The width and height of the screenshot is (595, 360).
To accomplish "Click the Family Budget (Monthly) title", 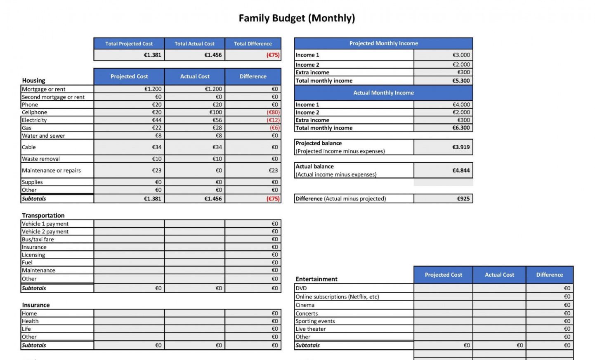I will pos(297,18).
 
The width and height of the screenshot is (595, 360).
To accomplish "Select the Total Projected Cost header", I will pos(129,44).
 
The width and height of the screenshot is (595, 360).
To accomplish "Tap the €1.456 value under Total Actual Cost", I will pos(213,55).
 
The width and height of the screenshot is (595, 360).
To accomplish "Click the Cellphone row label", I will pos(35,112).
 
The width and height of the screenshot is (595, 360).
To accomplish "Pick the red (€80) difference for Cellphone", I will pos(273,112).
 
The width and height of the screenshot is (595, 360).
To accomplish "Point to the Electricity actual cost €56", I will pos(217,120).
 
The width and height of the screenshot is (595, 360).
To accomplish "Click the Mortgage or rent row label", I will pos(44,89).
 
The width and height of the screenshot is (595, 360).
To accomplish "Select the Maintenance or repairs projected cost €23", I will pos(156,170).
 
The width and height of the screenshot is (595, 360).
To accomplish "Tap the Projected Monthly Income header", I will pos(383,43).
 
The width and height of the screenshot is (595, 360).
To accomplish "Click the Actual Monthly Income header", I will pos(383,93).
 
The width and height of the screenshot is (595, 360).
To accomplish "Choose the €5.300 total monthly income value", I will pos(461,81).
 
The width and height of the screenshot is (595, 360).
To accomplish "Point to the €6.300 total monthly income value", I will pos(461,128).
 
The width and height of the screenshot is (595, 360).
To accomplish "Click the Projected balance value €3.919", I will pos(461,147).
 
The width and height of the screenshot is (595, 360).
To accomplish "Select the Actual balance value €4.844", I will pos(461,170).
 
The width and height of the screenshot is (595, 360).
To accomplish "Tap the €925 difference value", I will pos(463,199).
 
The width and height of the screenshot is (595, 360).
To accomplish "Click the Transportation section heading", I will pos(43,215).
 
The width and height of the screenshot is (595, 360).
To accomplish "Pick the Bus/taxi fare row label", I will pos(38,239).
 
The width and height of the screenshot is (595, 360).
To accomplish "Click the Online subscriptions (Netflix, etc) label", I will pos(337,296).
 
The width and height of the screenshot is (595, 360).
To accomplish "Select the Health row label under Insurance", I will pos(30,321).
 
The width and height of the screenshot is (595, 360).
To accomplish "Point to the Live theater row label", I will pos(311,329).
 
